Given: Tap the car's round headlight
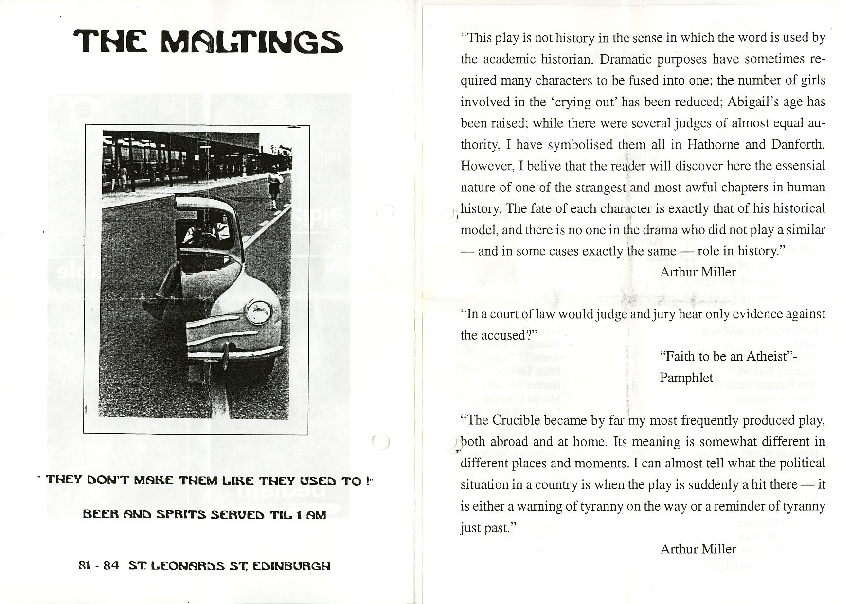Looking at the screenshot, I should (x=259, y=312).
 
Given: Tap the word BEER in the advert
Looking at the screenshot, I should (x=99, y=515).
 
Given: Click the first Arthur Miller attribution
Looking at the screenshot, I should (x=698, y=272).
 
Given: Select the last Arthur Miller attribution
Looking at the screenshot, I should (x=698, y=549).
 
